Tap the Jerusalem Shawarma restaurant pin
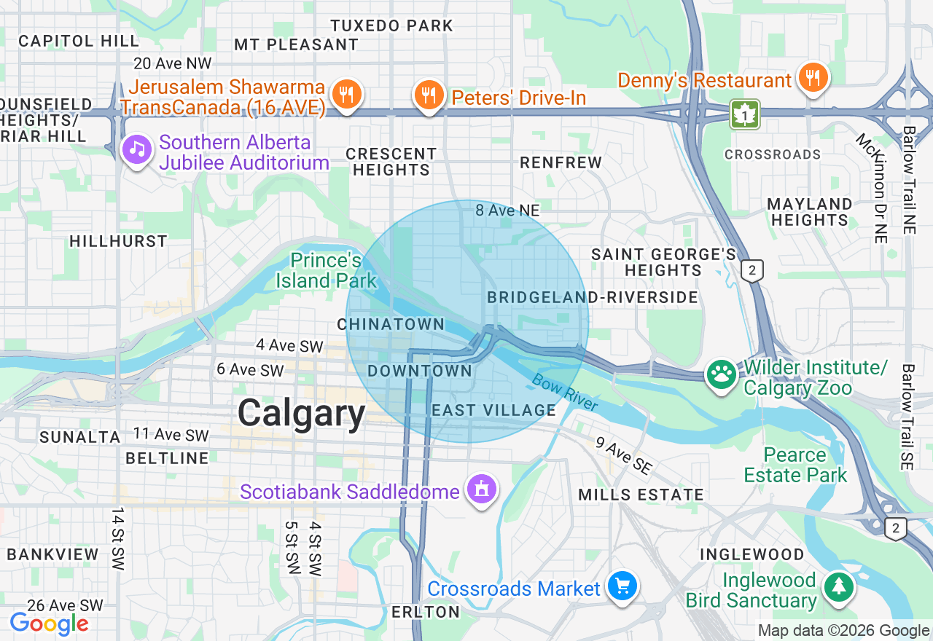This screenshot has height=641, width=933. (x=347, y=95)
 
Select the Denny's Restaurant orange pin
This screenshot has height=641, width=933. (x=811, y=78)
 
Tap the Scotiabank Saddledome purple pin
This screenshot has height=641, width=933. (x=481, y=490)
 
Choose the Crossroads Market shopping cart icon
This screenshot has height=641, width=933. (x=622, y=586)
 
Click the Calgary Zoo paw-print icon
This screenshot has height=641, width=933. (x=722, y=376)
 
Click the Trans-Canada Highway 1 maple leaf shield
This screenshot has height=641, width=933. (x=745, y=114)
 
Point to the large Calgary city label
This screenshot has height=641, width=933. (x=301, y=414)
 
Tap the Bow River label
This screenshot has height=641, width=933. (x=565, y=393)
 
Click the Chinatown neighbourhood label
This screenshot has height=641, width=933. (x=391, y=324)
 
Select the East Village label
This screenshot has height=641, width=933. (x=493, y=410)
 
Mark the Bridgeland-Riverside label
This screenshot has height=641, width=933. (x=592, y=297)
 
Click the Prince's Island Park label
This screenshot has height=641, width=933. (x=326, y=270)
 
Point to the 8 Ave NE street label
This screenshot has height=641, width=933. (x=507, y=211)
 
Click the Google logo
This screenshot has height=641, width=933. (x=49, y=624)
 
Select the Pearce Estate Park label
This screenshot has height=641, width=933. (x=795, y=465)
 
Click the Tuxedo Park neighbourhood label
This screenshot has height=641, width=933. (x=391, y=25)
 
